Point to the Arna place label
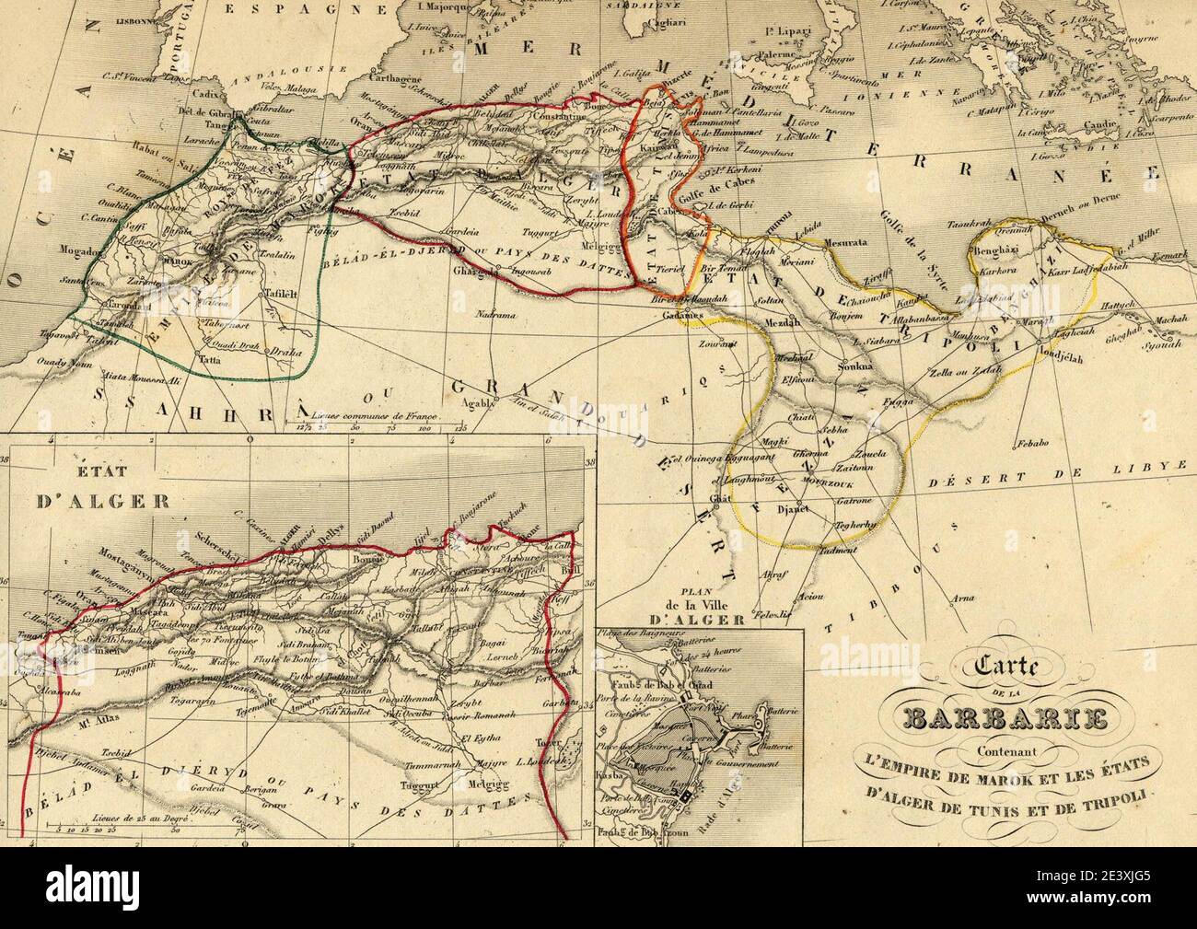(x=962, y=597)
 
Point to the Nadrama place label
(x=496, y=315)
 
